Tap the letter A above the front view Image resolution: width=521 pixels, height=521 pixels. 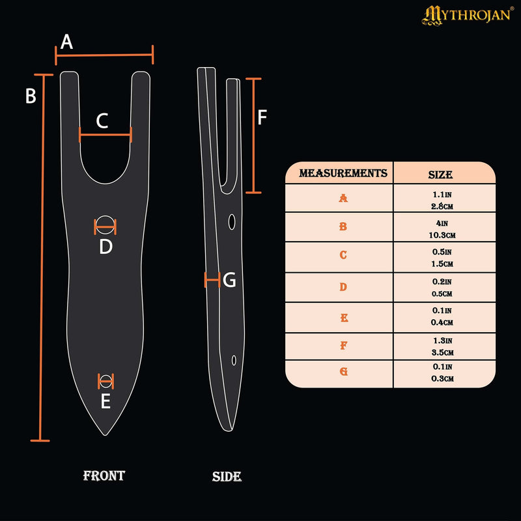66,42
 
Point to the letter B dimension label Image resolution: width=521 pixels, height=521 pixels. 31,96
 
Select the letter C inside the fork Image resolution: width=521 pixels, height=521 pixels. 103,120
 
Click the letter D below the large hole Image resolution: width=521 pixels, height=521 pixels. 106,247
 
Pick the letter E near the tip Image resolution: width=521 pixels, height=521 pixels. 106,402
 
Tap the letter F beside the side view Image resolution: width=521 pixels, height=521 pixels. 262,117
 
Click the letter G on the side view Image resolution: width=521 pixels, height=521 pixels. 229,281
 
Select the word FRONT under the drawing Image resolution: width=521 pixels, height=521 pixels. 104,475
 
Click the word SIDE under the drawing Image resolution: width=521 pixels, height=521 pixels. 227,477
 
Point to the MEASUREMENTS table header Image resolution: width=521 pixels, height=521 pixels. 343,173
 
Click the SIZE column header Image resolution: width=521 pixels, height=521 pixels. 440,175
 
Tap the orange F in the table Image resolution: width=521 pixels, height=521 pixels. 343,346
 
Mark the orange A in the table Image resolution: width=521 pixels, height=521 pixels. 343,198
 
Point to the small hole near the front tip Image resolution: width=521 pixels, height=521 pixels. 106,379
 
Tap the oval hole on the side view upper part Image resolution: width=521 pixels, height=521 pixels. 231,223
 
